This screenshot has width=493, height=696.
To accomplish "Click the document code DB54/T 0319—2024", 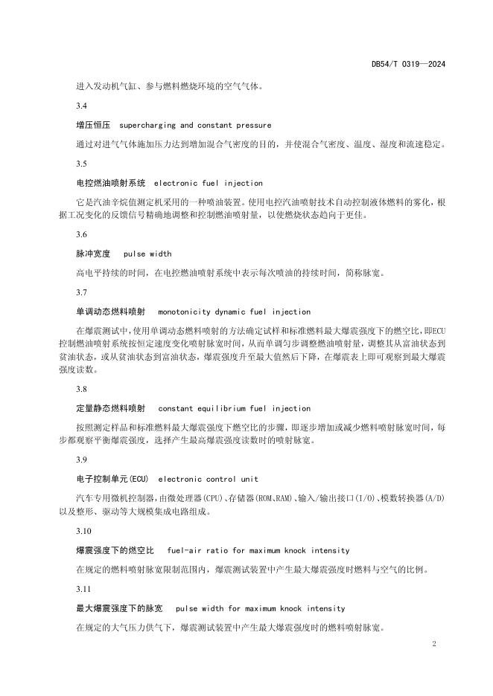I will tap(408, 65).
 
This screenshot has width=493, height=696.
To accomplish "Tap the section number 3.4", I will tap(82, 106).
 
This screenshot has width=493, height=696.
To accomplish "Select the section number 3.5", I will tap(82, 164).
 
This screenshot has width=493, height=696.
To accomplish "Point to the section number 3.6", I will tap(82, 234).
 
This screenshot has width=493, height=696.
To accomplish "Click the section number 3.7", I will tap(82, 292).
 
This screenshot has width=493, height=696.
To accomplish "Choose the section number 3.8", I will tap(82, 389).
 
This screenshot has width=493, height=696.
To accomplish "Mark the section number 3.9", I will tap(82, 460).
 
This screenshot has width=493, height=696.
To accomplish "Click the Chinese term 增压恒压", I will tap(93, 126).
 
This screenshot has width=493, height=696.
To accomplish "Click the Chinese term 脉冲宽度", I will tap(93, 254).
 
